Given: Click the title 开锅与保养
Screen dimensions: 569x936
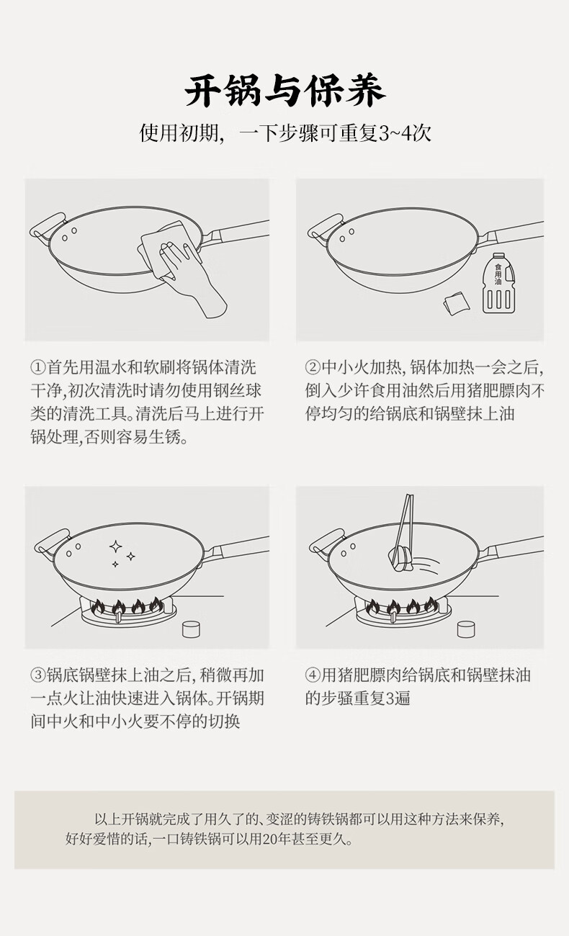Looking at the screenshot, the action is tap(284, 91).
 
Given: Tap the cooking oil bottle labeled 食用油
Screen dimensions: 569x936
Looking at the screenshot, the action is tap(498, 283).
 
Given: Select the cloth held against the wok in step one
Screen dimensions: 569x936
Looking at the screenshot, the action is tap(166, 250).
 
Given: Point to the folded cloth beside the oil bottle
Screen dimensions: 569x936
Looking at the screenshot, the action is tap(456, 303).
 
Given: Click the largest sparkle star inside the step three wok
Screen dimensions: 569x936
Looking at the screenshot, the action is tap(116, 546).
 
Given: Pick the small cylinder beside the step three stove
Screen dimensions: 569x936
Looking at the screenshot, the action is tap(192, 629).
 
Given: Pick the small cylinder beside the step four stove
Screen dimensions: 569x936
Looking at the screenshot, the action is tap(466, 629).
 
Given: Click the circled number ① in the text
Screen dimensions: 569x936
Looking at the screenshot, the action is tap(38, 368).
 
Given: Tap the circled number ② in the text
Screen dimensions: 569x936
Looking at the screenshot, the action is tap(313, 368).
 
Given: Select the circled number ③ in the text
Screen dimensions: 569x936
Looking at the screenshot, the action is tap(38, 675).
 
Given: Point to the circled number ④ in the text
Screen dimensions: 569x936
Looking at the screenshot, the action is tap(313, 675).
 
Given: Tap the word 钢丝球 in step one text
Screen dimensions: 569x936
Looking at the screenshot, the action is tap(238, 391).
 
